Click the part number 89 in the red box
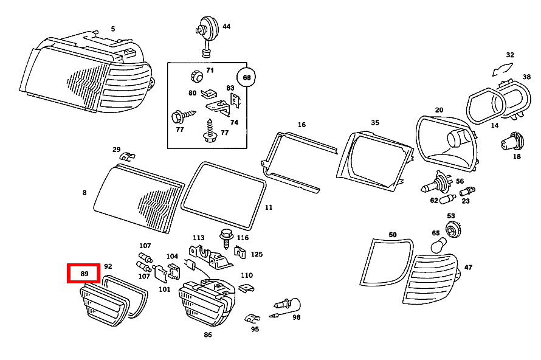84,274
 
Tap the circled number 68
246,78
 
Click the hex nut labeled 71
197,76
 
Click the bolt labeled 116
227,238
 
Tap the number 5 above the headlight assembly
113,29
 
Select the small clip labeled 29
127,157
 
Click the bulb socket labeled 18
512,142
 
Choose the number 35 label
375,122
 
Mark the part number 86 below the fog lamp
208,334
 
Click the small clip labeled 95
252,318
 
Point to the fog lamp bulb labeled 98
287,307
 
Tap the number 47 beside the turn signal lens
468,267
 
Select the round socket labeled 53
453,229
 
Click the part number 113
198,238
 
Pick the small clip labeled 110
246,288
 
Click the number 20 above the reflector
439,109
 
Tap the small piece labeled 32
502,69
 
